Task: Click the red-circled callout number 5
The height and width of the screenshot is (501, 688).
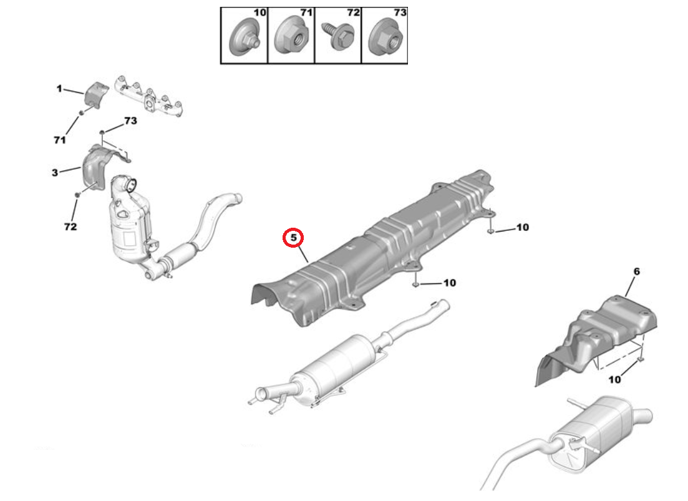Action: pos(293,238)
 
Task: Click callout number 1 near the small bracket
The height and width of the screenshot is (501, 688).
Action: pos(59,89)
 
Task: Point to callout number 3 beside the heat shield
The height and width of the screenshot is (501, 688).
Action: pos(54,172)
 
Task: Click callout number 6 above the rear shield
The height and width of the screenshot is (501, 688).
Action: pos(636,271)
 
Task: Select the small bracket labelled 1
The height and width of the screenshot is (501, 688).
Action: pos(96,95)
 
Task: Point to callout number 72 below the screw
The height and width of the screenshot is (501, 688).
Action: pos(70,226)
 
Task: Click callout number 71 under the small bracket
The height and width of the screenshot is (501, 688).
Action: pos(59,140)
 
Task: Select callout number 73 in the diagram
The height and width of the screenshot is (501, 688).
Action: pos(130,121)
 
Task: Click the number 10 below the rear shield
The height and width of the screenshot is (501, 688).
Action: pos(614,379)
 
